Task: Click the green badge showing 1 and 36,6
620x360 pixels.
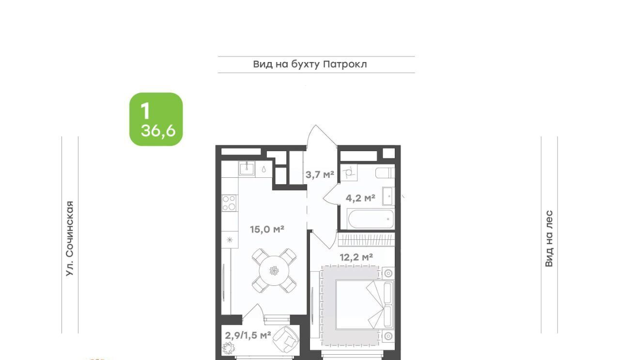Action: [156, 119]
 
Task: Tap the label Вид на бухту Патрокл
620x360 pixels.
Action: [310, 64]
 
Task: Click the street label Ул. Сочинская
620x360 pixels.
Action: [70, 238]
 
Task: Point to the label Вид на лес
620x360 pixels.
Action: [549, 238]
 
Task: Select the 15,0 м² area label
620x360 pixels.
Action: [267, 229]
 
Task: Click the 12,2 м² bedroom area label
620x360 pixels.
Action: [356, 257]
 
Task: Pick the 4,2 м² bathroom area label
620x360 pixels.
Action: [360, 198]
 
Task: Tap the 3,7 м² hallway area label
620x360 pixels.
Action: [320, 174]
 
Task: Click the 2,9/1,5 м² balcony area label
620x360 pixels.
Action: [248, 335]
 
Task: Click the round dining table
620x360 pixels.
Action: [274, 270]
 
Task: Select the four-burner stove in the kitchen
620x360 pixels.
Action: [230, 203]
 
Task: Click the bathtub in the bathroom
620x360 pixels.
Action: [371, 219]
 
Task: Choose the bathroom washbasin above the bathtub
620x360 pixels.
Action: [388, 196]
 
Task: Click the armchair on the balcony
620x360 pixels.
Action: [286, 339]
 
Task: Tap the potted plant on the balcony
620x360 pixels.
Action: [228, 347]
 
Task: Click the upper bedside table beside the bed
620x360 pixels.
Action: [388, 273]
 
